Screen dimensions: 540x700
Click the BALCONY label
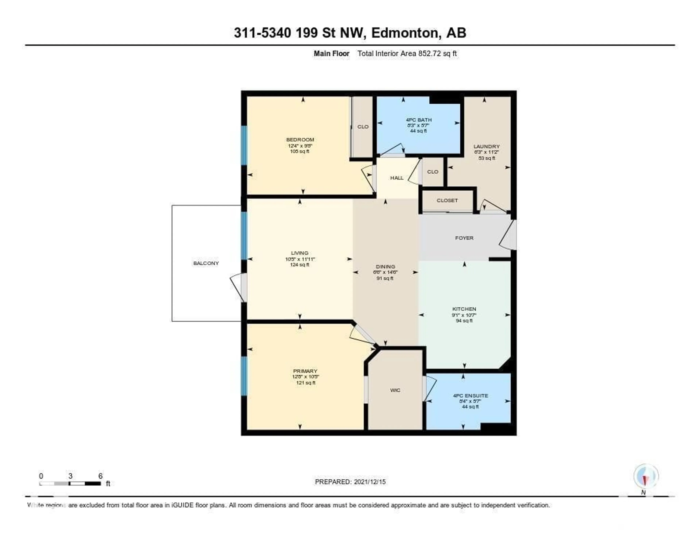click(206, 263)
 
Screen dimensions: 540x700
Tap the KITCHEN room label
click(464, 309)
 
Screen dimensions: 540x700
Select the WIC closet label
click(395, 390)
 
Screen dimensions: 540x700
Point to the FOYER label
click(464, 238)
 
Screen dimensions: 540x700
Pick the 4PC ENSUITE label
click(470, 396)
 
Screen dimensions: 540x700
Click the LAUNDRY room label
click(486, 146)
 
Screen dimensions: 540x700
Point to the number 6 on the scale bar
click(100, 476)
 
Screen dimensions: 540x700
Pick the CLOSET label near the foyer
click(447, 200)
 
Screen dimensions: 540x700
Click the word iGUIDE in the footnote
click(182, 505)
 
